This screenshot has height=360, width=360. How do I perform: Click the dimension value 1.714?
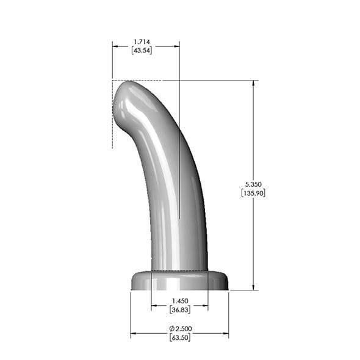pyautogui.click(x=142, y=42)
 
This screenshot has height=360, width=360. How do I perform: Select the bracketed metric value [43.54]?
pyautogui.click(x=142, y=50)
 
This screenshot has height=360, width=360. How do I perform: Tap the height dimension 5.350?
pyautogui.click(x=253, y=184)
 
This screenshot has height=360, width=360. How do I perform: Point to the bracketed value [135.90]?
pyautogui.click(x=253, y=192)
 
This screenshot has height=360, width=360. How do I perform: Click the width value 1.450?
pyautogui.click(x=179, y=301)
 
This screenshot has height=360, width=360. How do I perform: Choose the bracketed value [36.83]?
pyautogui.click(x=179, y=309)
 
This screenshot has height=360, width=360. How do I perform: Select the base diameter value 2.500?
pyautogui.click(x=182, y=329)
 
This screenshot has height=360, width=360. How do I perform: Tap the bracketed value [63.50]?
pyautogui.click(x=179, y=337)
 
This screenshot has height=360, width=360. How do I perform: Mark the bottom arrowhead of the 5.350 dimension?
pyautogui.click(x=253, y=286)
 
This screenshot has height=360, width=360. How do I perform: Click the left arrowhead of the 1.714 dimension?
pyautogui.click(x=115, y=45)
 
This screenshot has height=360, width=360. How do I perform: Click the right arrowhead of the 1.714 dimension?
pyautogui.click(x=176, y=45)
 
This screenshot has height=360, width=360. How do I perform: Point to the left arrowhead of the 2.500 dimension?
pyautogui.click(x=134, y=334)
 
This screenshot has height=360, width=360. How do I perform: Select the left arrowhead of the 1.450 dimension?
pyautogui.click(x=154, y=306)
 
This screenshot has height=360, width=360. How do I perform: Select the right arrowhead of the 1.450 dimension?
pyautogui.click(x=204, y=306)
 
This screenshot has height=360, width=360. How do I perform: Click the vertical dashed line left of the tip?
pyautogui.click(x=112, y=122)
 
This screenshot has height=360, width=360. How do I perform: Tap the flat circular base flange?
pyautogui.click(x=179, y=281)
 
